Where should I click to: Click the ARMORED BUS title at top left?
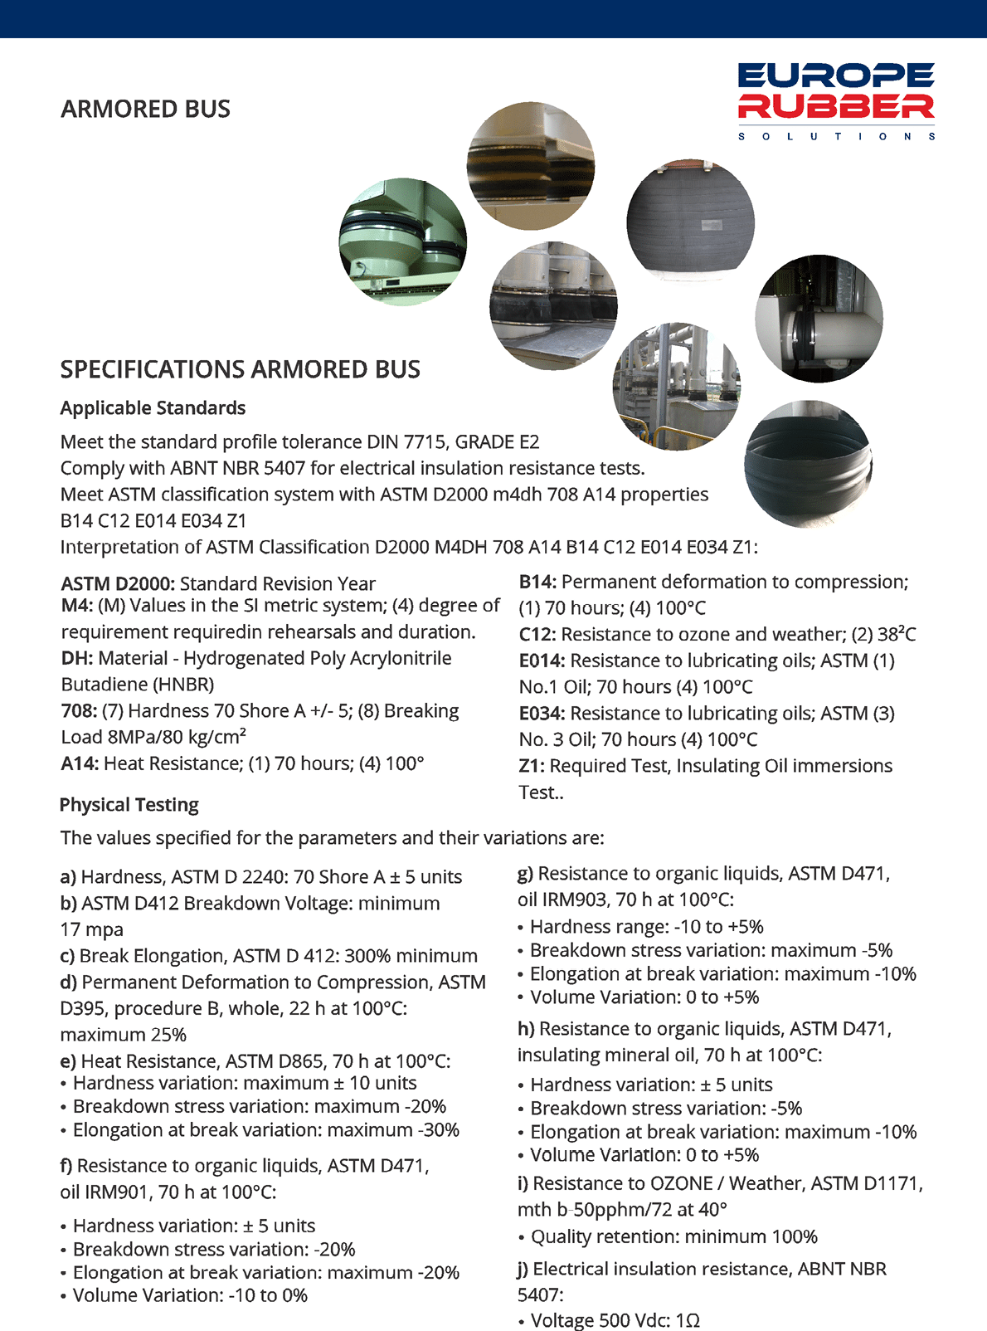pos(146,109)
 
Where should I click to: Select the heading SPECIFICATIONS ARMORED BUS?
pos(241,369)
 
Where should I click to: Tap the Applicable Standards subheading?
pos(153,408)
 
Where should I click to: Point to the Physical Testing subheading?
pos(129,805)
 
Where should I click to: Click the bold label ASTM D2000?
pos(119,583)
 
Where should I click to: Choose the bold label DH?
pos(77,658)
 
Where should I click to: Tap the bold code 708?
pos(79,711)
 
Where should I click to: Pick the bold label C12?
pos(537,635)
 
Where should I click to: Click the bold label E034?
pos(542,714)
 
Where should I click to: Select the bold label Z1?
pos(532,766)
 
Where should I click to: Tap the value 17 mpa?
pos(92,929)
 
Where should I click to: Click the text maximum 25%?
pos(124,1035)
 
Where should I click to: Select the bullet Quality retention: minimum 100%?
pos(673,1236)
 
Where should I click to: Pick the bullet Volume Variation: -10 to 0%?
pos(190,1295)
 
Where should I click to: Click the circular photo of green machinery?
pos(402,241)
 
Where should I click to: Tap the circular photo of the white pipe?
pos(819,319)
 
